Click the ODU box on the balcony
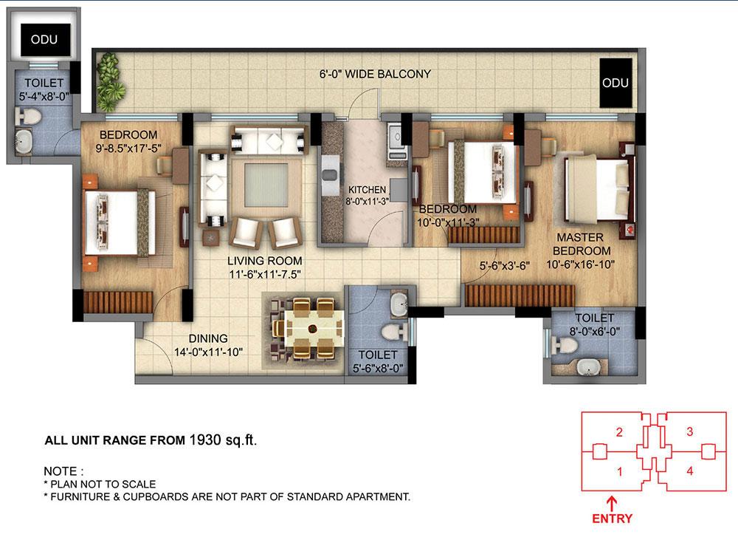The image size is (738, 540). pyautogui.click(x=615, y=83)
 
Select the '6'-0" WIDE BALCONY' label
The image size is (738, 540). pyautogui.click(x=374, y=74)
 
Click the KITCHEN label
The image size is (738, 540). pyautogui.click(x=368, y=190)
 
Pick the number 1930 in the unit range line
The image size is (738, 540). pyautogui.click(x=205, y=440)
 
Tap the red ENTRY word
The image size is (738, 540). pyautogui.click(x=612, y=519)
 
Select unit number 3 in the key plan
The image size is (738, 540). pyautogui.click(x=689, y=432)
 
